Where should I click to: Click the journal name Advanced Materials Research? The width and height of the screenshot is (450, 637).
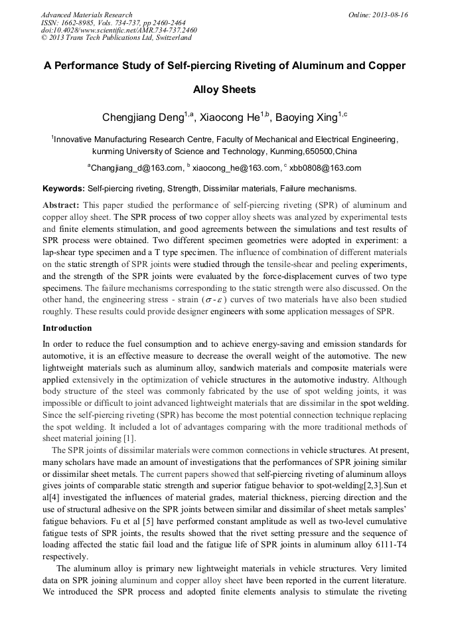coord(86,15)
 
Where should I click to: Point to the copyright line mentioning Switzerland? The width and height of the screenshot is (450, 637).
coord(116,38)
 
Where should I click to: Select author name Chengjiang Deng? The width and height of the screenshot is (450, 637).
coord(143,118)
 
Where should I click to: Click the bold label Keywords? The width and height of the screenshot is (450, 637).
coord(64,189)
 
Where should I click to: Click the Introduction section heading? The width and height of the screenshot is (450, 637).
coord(67,328)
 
